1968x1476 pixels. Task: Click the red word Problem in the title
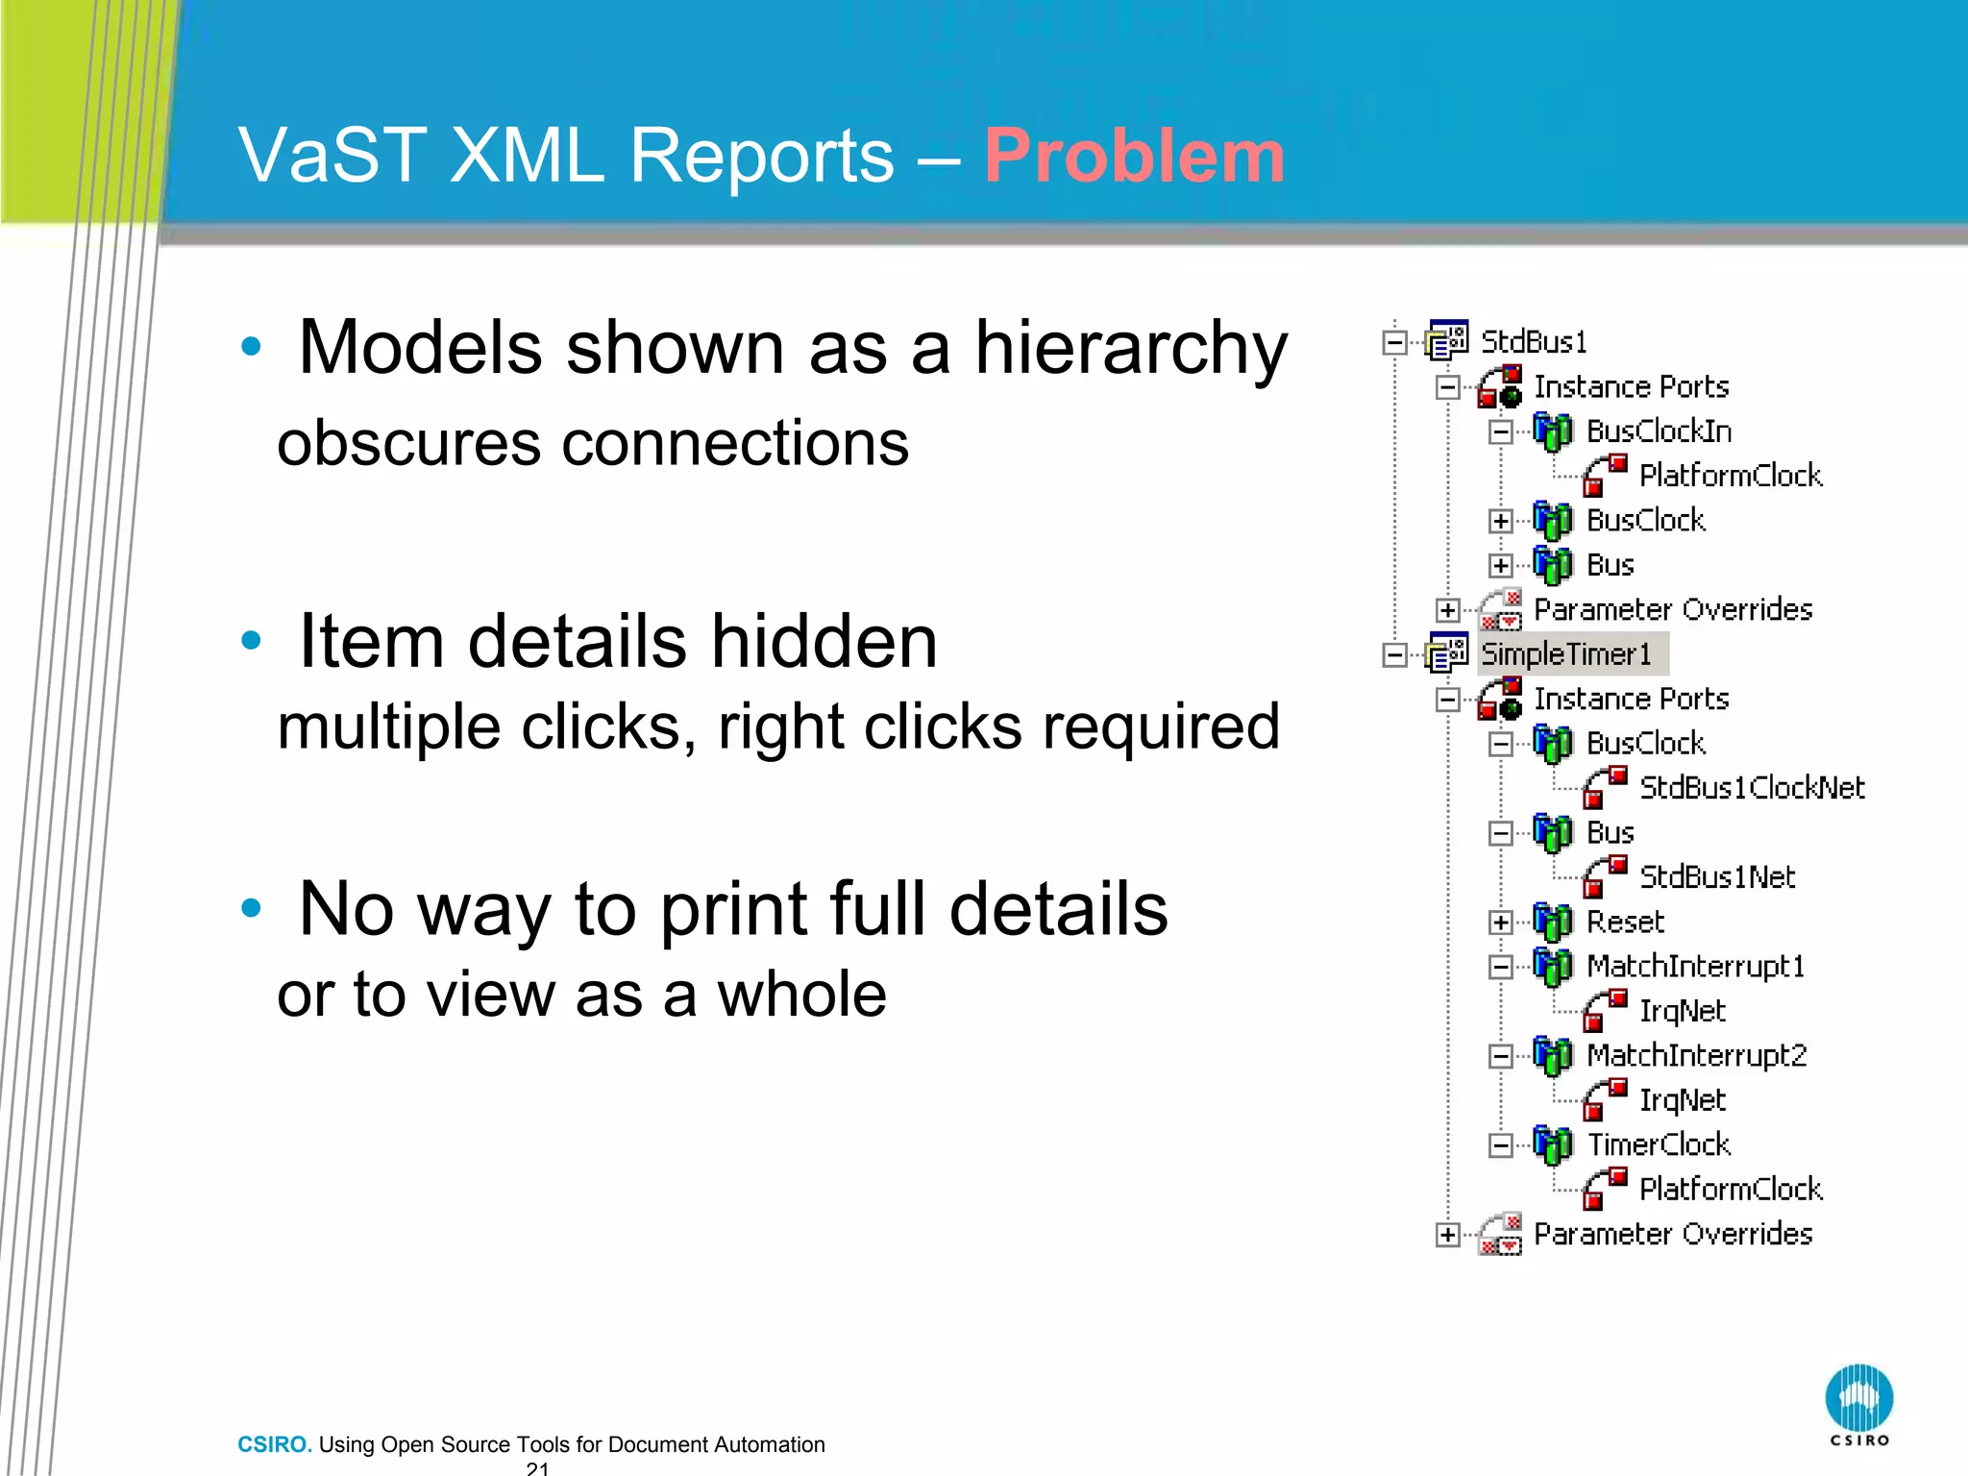[1134, 157]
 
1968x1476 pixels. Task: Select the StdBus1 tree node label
[1534, 342]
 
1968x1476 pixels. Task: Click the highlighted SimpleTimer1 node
[1566, 654]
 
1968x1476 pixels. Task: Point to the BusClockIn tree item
[1659, 431]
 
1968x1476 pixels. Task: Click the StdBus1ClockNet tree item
[1751, 788]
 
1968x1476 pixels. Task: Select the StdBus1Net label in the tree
[1716, 877]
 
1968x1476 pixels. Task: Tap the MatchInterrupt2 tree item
[1696, 1055]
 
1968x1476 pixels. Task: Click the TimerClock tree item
[1659, 1144]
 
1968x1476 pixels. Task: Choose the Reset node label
[1625, 922]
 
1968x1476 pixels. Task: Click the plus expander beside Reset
[1500, 922]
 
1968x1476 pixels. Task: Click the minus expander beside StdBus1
[1394, 343]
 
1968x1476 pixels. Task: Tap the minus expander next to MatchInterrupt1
[1500, 967]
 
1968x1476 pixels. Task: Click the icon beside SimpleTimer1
[1447, 653]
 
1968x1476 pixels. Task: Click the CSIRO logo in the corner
[1858, 1402]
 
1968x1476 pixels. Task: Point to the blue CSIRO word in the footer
[274, 1444]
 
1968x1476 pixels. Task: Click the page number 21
[538, 1468]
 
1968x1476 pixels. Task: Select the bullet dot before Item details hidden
[251, 641]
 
